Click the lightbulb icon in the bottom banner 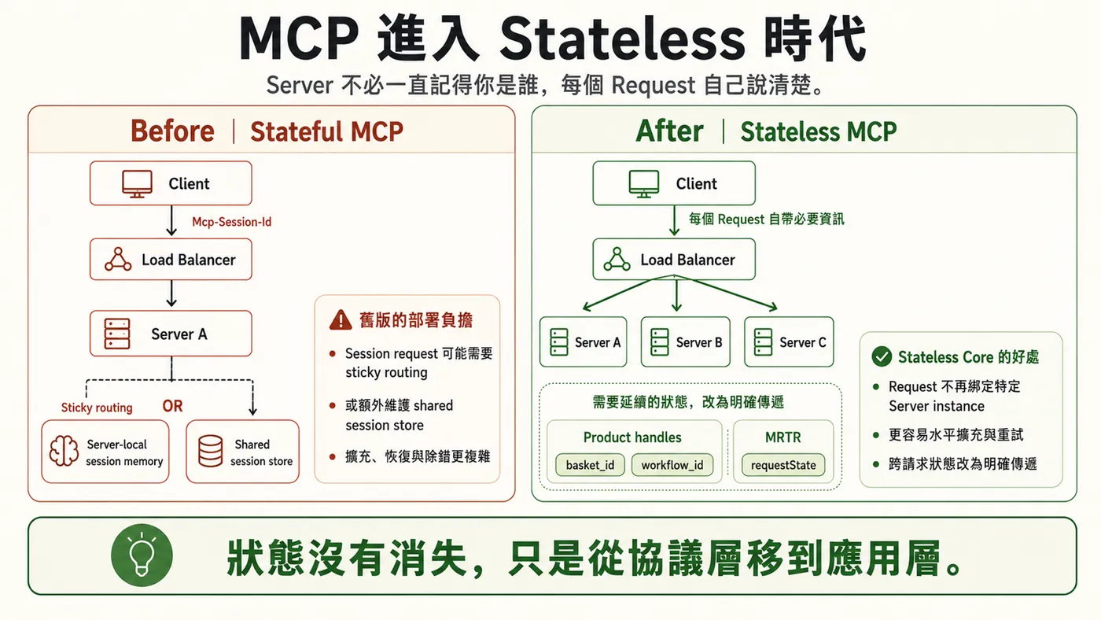[x=142, y=555]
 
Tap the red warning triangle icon [x=340, y=320]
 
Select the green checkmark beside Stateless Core [x=882, y=356]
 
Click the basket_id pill [x=590, y=465]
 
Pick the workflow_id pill [x=672, y=465]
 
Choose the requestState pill [x=783, y=465]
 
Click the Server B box [x=685, y=341]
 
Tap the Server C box [x=789, y=341]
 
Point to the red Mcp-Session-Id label [x=231, y=222]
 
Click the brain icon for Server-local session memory [x=64, y=450]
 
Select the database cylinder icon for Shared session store [x=211, y=450]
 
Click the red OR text [x=172, y=406]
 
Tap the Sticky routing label [x=97, y=408]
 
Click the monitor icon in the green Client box [x=644, y=184]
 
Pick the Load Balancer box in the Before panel [x=171, y=260]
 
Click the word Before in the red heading [x=172, y=131]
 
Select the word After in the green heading [x=669, y=131]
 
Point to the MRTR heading [x=783, y=437]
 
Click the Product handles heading [x=632, y=437]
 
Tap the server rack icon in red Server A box [x=117, y=334]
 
